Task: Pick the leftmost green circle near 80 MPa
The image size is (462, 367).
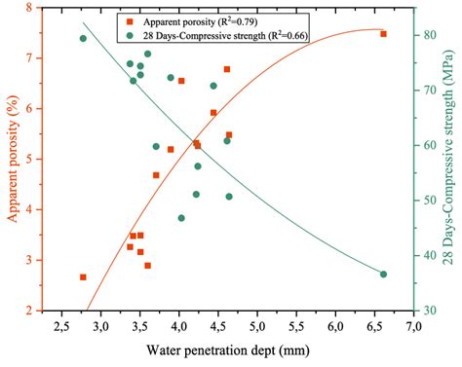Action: [x=83, y=39]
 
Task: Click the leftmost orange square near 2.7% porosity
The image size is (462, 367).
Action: [x=83, y=277]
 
